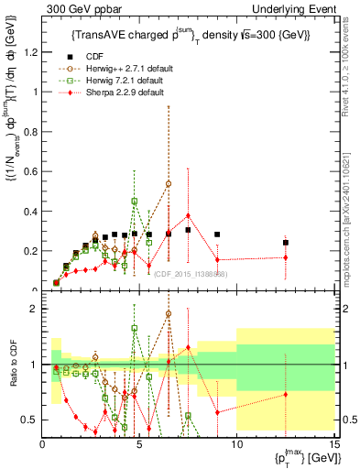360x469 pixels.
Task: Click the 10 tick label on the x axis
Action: [x=236, y=446]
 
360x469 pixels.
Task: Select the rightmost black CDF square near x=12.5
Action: [x=285, y=243]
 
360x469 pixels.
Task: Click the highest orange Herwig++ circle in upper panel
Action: [x=169, y=183]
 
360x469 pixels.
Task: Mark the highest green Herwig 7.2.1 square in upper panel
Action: [x=135, y=201]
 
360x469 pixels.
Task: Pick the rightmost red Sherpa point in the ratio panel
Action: [x=285, y=395]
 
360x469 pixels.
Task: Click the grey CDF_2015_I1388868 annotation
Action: [x=191, y=274]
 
